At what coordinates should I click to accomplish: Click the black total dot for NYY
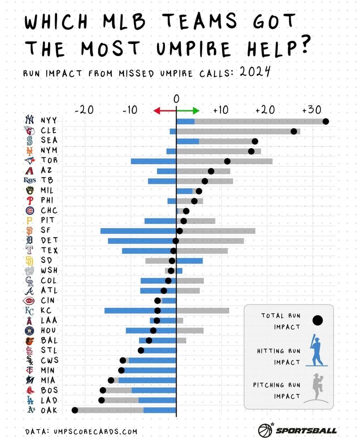coord(326,121)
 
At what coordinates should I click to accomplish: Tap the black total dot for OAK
coord(75,410)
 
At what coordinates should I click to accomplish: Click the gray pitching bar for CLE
coord(238,131)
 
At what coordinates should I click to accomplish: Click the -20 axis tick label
coord(84,108)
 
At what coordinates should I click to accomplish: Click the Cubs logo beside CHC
coord(30,210)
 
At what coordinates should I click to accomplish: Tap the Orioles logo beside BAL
coord(30,340)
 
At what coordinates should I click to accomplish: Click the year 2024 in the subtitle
coord(255,72)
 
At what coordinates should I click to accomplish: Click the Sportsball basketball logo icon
coord(265,430)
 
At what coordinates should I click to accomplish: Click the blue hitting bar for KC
coord(140,310)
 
